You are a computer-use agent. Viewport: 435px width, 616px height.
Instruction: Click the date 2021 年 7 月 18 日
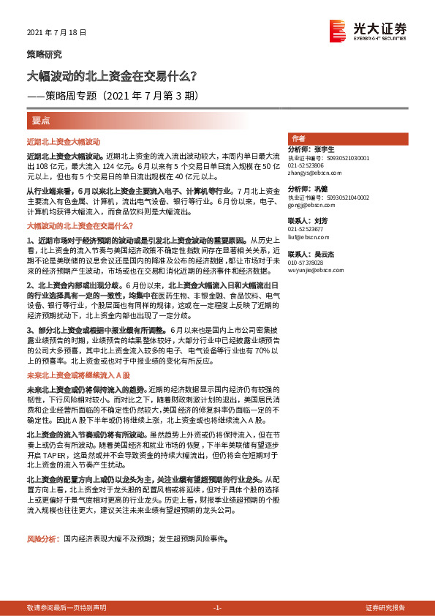coord(56,33)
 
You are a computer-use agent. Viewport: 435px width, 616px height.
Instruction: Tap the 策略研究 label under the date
coord(45,54)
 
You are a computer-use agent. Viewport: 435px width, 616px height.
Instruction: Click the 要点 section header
coord(41,119)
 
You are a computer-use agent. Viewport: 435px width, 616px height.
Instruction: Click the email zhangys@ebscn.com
coord(310,173)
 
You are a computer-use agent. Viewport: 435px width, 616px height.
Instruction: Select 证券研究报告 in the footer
coord(385,608)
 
